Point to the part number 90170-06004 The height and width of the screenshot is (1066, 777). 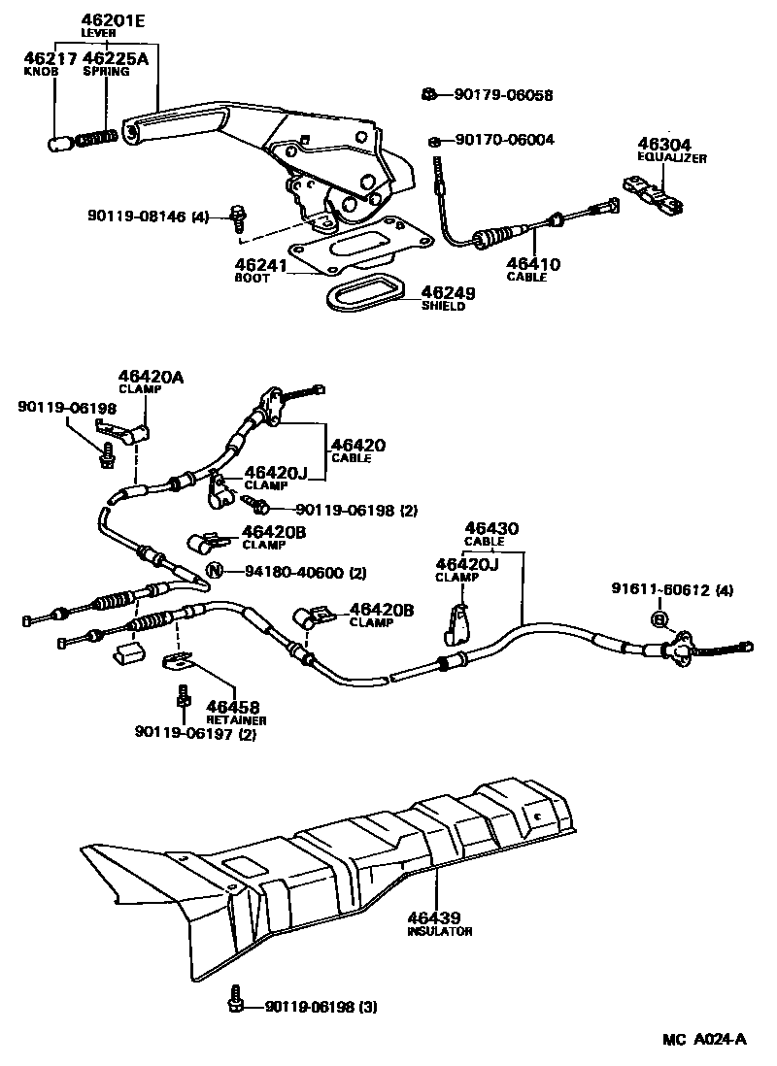504,140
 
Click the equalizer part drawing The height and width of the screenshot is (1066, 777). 652,192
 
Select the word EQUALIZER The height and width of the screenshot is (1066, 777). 671,157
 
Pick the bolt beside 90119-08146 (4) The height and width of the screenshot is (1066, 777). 237,217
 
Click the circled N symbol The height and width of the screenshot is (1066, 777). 215,572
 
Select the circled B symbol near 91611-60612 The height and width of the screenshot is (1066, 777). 659,618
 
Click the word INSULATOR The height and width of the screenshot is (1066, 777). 439,931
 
